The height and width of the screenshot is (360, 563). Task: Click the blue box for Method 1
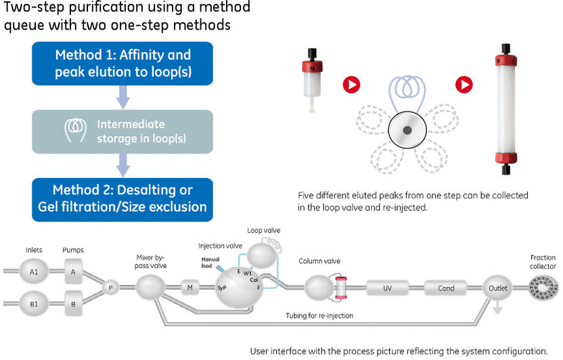coord(123,64)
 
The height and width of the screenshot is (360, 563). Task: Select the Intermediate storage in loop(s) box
coord(123,131)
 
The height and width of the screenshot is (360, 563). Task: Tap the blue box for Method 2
coord(123,199)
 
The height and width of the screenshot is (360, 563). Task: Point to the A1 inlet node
coord(34,272)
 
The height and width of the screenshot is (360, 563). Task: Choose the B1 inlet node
coord(34,305)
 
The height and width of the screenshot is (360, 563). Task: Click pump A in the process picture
coord(74,272)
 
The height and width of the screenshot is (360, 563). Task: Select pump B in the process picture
coord(74,305)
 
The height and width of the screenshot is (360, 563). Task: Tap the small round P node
coord(110,288)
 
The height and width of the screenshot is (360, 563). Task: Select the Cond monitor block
coord(446,288)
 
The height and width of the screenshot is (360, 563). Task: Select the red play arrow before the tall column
coord(464,85)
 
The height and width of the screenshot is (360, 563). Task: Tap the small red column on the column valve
coord(341,288)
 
